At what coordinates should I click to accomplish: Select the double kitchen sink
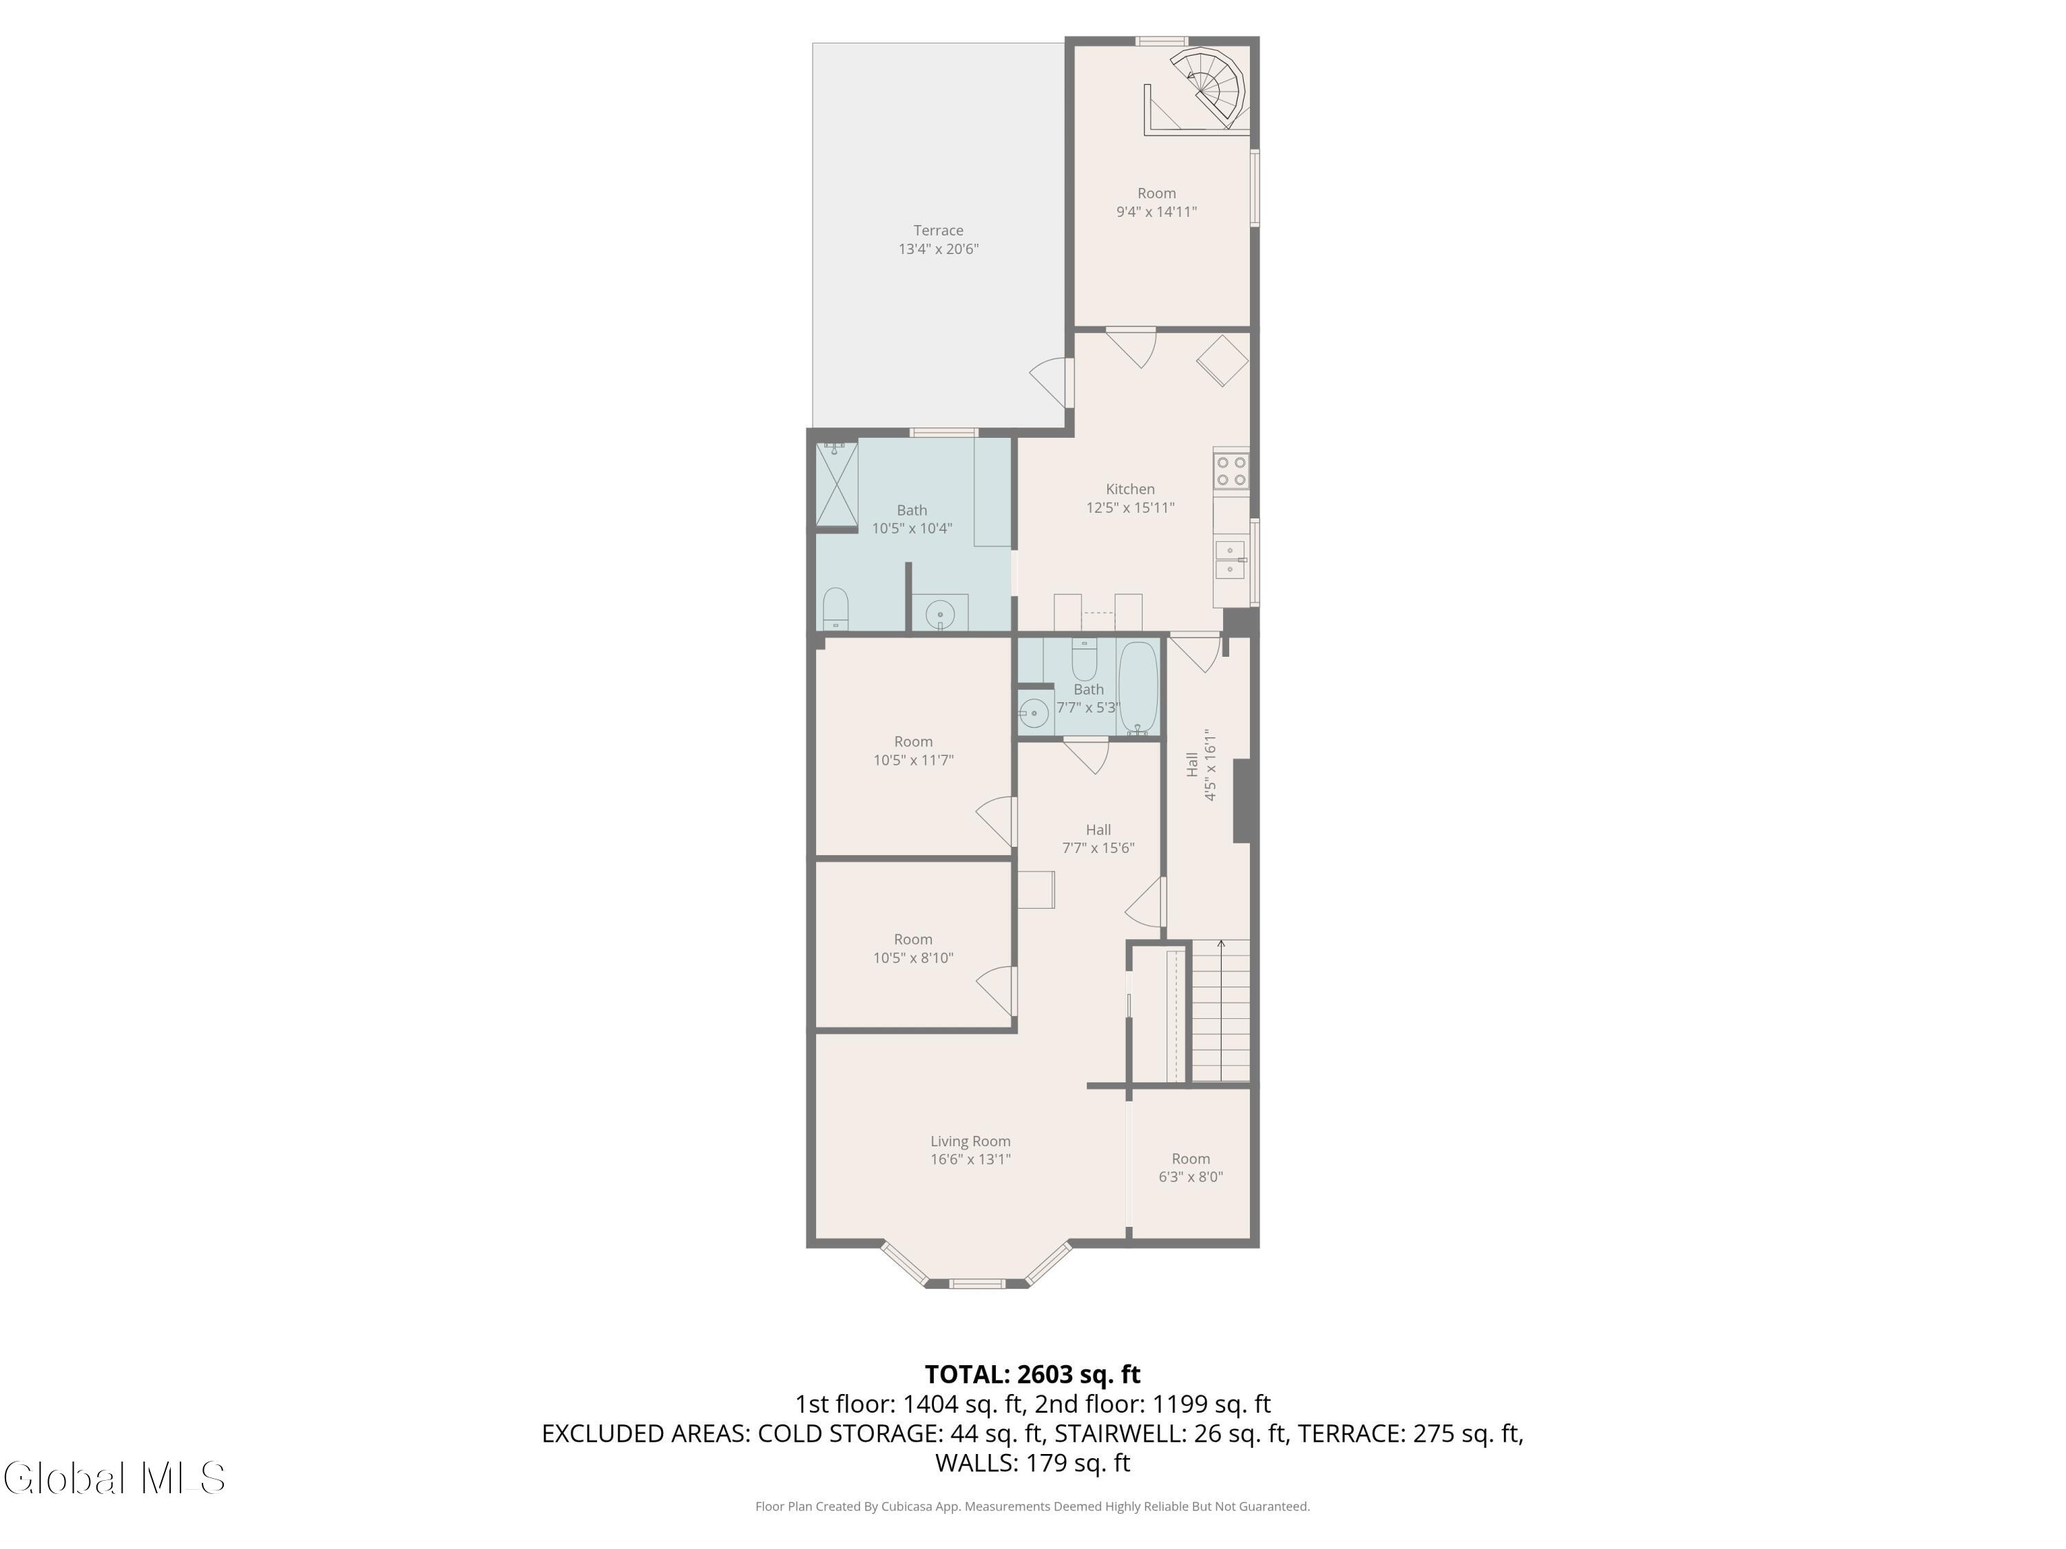(x=1229, y=558)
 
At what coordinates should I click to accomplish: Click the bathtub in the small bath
(x=1138, y=688)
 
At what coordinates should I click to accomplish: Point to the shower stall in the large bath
(x=836, y=484)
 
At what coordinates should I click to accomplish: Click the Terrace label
(x=938, y=231)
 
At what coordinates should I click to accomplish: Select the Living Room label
(x=970, y=1141)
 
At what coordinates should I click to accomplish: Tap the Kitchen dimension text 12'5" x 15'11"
(x=1130, y=508)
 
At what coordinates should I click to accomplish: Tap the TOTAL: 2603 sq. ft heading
(x=1032, y=1374)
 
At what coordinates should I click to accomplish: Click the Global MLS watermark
(x=114, y=1478)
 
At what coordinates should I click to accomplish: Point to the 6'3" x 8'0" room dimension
(x=1191, y=1177)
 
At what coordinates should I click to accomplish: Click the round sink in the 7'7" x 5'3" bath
(x=1034, y=713)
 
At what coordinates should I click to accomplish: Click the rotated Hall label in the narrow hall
(x=1192, y=765)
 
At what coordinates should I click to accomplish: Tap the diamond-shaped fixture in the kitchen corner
(x=1222, y=361)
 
